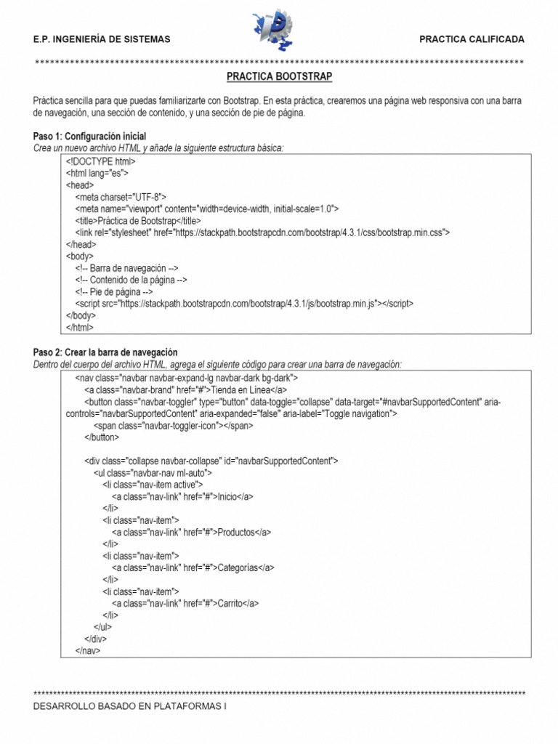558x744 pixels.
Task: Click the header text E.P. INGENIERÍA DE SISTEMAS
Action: point(102,39)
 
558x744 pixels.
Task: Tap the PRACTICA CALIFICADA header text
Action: point(471,39)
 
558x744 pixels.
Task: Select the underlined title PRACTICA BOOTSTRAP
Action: point(279,76)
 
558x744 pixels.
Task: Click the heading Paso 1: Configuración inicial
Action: point(89,137)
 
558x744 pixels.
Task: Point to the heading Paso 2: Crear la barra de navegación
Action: point(105,352)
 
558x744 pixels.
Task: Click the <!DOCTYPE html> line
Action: point(101,161)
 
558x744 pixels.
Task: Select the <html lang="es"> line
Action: point(97,174)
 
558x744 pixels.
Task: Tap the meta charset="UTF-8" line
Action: point(121,197)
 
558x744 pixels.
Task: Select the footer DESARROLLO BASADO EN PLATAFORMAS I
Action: point(131,705)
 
